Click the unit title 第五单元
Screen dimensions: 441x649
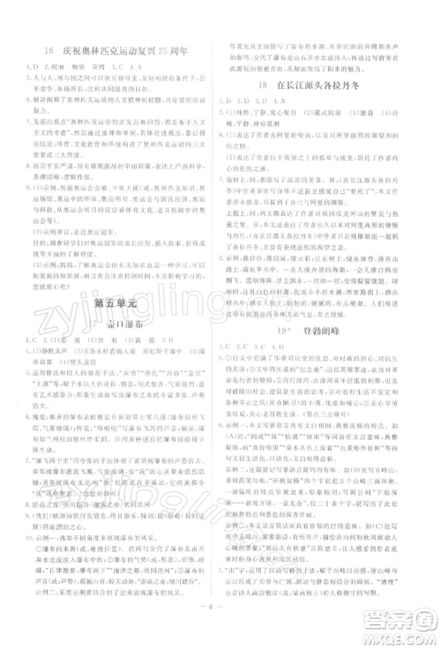(x=114, y=301)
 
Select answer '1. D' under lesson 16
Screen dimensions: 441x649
(x=34, y=64)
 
